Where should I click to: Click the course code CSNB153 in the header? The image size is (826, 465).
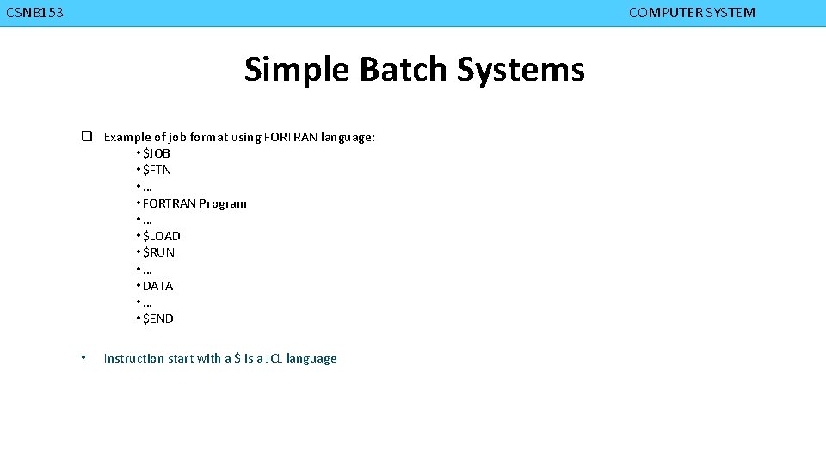(34, 13)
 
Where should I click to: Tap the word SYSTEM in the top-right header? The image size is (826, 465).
(729, 13)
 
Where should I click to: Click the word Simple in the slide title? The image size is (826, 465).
(298, 70)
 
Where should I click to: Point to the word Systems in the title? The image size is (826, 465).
(521, 70)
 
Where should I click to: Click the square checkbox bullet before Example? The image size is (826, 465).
(87, 137)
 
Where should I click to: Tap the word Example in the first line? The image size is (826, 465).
(128, 137)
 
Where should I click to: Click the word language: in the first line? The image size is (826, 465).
(348, 137)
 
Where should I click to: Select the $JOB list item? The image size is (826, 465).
(156, 153)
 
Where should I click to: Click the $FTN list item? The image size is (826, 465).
(157, 170)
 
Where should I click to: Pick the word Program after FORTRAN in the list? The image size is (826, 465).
(223, 203)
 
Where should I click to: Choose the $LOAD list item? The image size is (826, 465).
(161, 236)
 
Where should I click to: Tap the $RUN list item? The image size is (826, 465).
(158, 252)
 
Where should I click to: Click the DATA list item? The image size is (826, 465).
(157, 286)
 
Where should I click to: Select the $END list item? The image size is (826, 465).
(157, 319)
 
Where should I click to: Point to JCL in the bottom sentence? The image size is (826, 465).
(271, 358)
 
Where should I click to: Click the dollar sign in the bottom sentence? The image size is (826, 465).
(237, 358)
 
